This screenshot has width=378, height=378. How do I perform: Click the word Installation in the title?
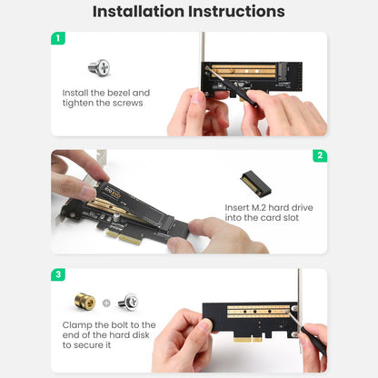click(138, 12)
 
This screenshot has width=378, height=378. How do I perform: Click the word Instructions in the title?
click(236, 12)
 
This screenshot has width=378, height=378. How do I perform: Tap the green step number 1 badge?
click(58, 38)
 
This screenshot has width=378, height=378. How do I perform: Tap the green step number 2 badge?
click(320, 155)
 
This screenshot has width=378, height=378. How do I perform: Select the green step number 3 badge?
click(58, 274)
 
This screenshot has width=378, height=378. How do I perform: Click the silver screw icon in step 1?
click(99, 67)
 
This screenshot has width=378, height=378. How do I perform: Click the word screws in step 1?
click(127, 103)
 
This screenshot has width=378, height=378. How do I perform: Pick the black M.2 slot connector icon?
click(255, 183)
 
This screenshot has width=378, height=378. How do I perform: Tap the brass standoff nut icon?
click(85, 302)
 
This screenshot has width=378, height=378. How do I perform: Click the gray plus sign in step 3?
click(106, 303)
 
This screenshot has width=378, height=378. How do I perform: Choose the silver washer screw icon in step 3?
click(128, 302)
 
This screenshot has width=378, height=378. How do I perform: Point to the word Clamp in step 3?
click(77, 325)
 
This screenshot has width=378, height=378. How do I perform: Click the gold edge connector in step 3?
click(248, 339)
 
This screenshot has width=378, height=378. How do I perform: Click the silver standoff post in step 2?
click(116, 218)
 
